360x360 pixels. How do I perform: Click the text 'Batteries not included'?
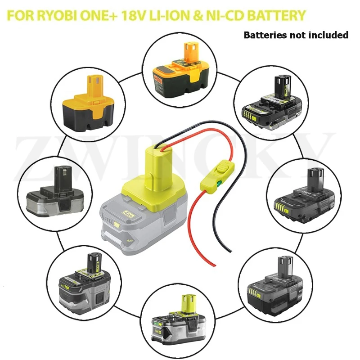296,35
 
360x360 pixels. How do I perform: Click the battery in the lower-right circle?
277,285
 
